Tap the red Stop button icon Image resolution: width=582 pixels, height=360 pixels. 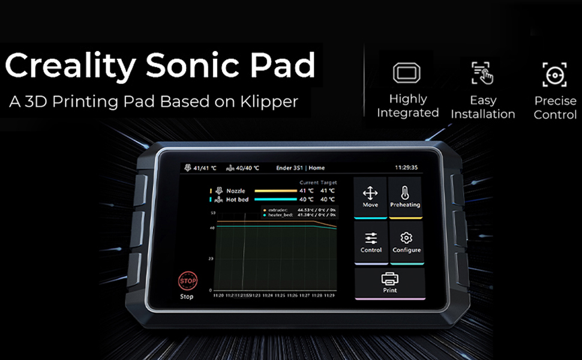click(187, 280)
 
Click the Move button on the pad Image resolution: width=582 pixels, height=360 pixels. click(370, 197)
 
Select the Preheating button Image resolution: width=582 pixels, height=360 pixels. click(405, 197)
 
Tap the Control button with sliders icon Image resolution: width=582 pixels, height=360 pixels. click(371, 242)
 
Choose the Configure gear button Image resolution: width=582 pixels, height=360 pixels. click(406, 242)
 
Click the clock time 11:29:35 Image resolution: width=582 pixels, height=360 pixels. click(406, 168)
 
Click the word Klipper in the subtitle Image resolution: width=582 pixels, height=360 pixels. click(270, 101)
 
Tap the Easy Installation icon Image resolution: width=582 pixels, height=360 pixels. click(482, 73)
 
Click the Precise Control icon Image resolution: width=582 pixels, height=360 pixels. click(555, 75)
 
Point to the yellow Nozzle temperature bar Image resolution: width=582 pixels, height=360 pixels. click(275, 191)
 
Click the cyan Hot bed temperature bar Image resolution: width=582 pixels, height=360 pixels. click(275, 199)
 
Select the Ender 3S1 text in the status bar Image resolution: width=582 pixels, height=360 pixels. click(289, 168)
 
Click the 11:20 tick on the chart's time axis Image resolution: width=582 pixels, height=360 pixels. click(218, 295)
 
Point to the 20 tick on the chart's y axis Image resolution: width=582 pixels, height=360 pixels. click(211, 259)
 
